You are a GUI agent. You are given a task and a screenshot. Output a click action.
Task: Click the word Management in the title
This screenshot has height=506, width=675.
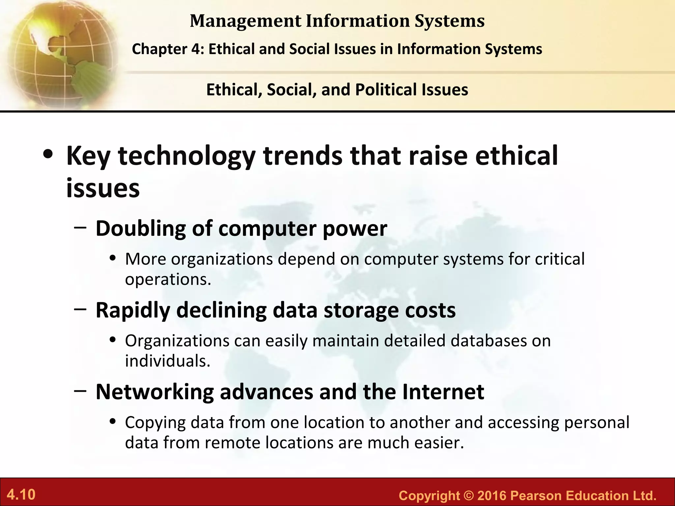point(246,21)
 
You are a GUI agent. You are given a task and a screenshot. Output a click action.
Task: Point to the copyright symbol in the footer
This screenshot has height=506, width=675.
point(468,496)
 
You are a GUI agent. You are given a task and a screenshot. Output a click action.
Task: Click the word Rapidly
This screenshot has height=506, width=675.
point(133,310)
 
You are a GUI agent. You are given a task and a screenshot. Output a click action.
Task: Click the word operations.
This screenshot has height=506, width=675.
point(168,280)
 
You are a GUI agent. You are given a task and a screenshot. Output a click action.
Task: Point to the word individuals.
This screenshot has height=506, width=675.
point(167,361)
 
